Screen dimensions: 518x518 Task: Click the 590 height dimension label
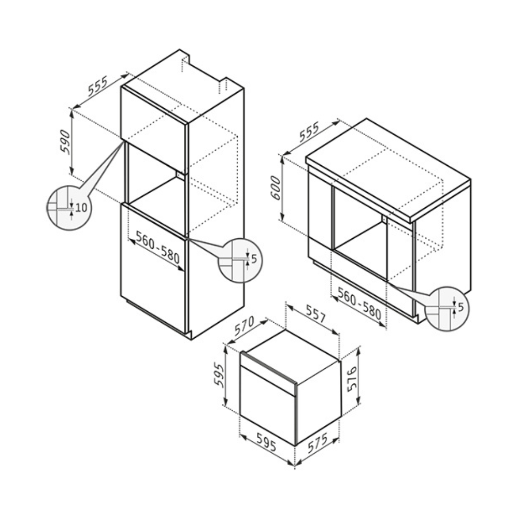point(65,142)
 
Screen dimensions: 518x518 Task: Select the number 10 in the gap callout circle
point(81,208)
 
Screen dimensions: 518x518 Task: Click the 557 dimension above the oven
point(316,314)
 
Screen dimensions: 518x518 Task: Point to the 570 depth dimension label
point(244,326)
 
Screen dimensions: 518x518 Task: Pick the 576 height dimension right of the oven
point(352,379)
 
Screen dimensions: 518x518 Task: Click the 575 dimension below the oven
point(318,443)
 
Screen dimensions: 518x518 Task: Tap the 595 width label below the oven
point(266,442)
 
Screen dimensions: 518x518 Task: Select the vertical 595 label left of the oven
point(219,375)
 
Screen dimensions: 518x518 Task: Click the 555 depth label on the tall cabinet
point(97,86)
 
